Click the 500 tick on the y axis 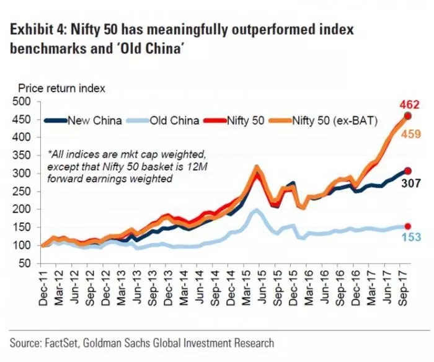tap(22, 102)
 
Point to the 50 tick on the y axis tap(24, 264)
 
